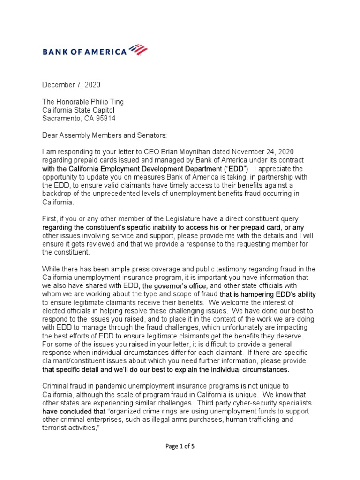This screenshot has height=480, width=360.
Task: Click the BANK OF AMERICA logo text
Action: (85, 52)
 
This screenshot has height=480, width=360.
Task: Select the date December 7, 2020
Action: (71, 85)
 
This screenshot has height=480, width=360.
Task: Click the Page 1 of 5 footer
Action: (180, 459)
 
